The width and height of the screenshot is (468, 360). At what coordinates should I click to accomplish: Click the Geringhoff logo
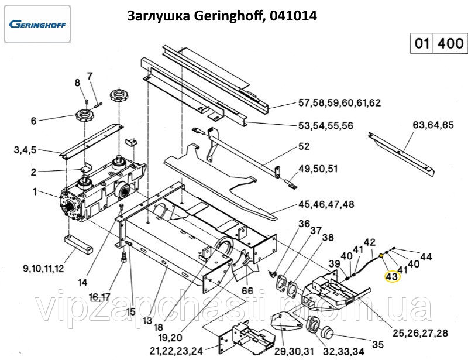37,25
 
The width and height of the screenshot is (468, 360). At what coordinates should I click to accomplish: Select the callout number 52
304,147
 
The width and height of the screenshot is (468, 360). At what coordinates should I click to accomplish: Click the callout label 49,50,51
318,170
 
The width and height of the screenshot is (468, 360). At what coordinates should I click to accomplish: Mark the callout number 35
378,344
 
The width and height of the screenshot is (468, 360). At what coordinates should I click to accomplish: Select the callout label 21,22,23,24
177,352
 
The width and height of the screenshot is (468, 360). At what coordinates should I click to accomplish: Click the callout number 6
33,121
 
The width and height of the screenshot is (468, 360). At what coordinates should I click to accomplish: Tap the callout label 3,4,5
25,150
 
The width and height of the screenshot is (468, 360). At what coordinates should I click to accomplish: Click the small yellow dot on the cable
381,255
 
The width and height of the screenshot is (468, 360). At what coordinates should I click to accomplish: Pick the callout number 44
426,257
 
